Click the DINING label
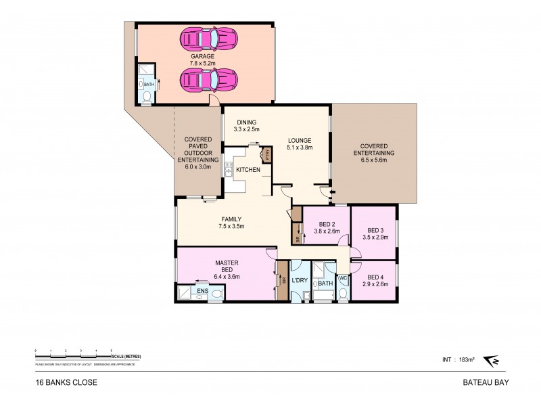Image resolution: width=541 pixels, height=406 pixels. tap(245, 122)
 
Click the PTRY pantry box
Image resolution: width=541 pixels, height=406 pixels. tap(268, 155)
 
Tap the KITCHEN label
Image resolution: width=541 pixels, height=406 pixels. tap(248, 169)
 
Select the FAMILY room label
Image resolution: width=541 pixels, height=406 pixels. tap(232, 219)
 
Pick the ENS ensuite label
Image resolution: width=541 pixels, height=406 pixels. tap(201, 291)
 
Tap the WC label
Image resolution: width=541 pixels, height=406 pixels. tap(342, 278)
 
